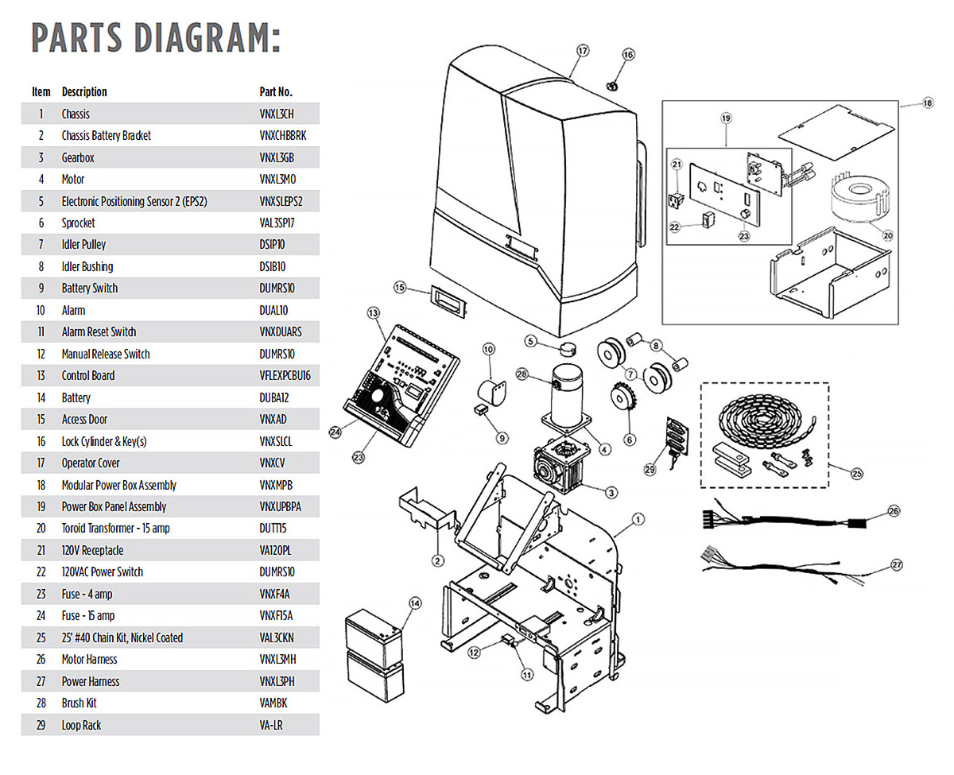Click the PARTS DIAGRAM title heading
(x=156, y=37)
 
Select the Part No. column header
(x=276, y=92)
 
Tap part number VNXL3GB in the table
(x=277, y=158)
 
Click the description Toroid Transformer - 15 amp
(x=115, y=529)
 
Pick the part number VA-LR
(x=270, y=726)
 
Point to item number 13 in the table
(x=41, y=376)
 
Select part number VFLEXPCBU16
(x=285, y=376)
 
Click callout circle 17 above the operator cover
(x=583, y=51)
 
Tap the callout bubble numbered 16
(x=628, y=55)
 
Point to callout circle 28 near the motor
(x=522, y=374)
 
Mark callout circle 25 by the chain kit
(x=856, y=474)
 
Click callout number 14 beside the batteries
(x=414, y=603)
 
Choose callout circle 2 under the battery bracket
(x=437, y=561)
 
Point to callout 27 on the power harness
(x=897, y=565)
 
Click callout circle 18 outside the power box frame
(x=927, y=103)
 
